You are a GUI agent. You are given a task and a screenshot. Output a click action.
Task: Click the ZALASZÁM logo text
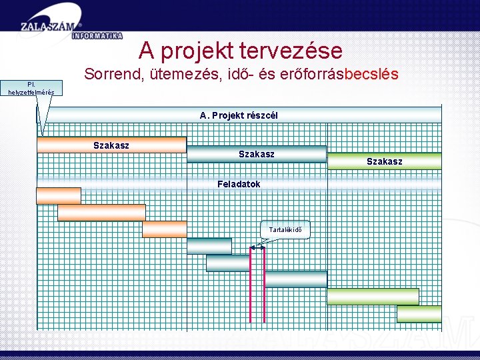click(x=50, y=25)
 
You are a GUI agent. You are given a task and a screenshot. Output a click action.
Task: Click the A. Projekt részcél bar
click(x=239, y=115)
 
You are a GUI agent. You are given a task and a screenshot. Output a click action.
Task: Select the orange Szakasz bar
click(x=111, y=145)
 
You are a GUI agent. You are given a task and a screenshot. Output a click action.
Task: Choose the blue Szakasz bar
click(x=257, y=154)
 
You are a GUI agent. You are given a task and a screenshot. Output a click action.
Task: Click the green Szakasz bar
click(x=385, y=161)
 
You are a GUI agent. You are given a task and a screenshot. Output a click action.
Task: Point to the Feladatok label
click(x=239, y=184)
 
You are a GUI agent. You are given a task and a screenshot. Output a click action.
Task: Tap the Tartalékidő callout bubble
click(x=285, y=230)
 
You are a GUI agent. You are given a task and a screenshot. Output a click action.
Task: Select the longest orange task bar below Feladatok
click(x=101, y=213)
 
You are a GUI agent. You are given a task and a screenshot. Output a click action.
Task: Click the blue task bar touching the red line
click(x=228, y=263)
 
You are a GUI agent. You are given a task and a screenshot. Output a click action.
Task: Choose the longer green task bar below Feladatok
click(x=373, y=296)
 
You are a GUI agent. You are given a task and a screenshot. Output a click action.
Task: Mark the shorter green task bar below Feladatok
click(x=419, y=313)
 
